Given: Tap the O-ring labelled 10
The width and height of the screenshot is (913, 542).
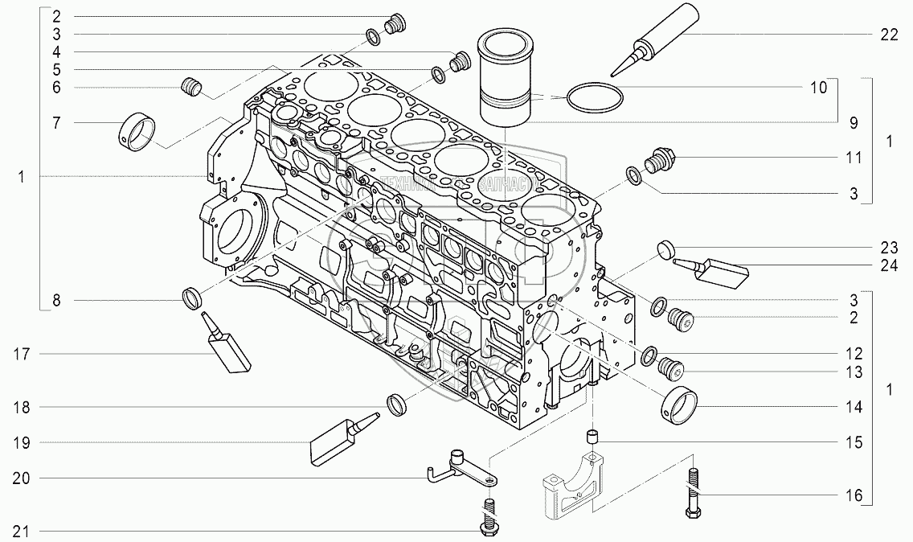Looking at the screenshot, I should click(x=594, y=98).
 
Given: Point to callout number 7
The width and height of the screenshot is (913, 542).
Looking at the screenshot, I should click(x=57, y=123).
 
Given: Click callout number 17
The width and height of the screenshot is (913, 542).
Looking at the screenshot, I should click(x=22, y=354).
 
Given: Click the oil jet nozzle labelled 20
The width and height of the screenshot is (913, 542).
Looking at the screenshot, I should click(x=463, y=470).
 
